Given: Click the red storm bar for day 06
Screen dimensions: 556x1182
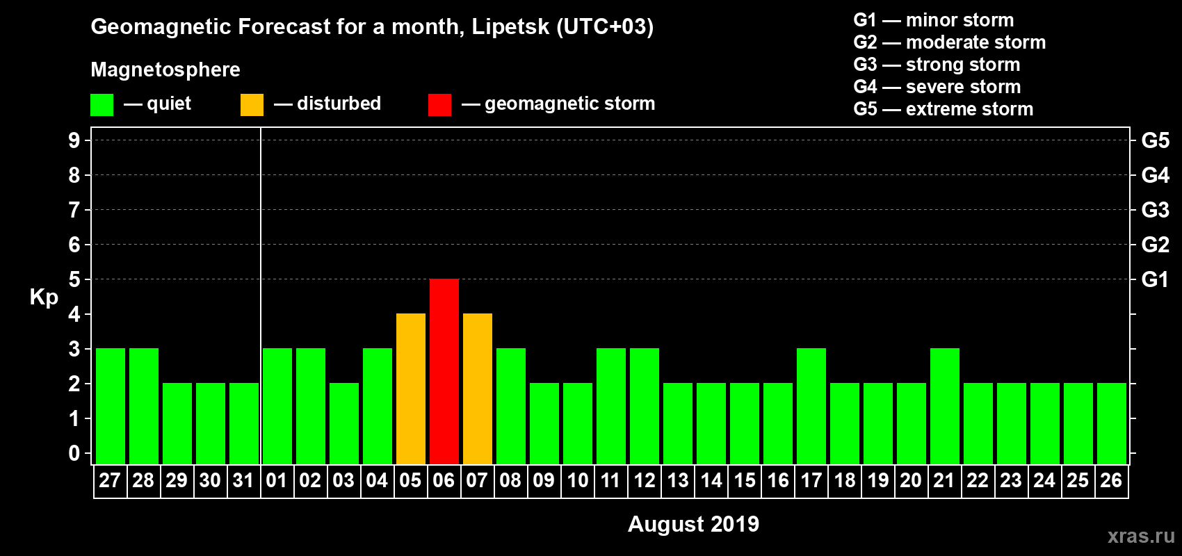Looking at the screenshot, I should pyautogui.click(x=444, y=371).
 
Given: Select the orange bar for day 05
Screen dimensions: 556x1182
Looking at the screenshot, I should pyautogui.click(x=411, y=389).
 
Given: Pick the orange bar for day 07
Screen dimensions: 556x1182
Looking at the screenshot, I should pyautogui.click(x=478, y=389).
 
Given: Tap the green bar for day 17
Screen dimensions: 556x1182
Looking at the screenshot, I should pyautogui.click(x=811, y=406).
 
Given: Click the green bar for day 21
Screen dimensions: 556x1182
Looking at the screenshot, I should pyautogui.click(x=945, y=406).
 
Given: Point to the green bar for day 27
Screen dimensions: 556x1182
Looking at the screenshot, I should pyautogui.click(x=111, y=406).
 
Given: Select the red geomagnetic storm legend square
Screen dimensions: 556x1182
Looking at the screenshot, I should pyautogui.click(x=439, y=105).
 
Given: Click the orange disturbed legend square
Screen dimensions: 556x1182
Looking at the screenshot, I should pyautogui.click(x=252, y=105).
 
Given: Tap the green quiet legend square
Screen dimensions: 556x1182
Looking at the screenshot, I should pyautogui.click(x=102, y=105).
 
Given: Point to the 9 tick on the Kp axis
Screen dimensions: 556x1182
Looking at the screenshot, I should pyautogui.click(x=74, y=140).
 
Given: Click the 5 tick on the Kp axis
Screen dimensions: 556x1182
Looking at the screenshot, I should pyautogui.click(x=74, y=279).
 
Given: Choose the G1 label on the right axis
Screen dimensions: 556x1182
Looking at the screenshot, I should pyautogui.click(x=1155, y=279).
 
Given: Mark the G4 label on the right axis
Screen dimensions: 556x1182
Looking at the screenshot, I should pyautogui.click(x=1155, y=175).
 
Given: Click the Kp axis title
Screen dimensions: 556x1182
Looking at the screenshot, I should pyautogui.click(x=44, y=297).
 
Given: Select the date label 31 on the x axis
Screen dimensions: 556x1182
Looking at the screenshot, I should pyautogui.click(x=243, y=480).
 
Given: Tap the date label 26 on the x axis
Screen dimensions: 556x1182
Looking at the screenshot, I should pyautogui.click(x=1111, y=480).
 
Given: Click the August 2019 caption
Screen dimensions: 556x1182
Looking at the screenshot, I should pyautogui.click(x=693, y=524).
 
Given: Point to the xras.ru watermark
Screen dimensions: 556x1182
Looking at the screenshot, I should pyautogui.click(x=1141, y=536).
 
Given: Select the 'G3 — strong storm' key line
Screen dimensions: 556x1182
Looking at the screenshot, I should pyautogui.click(x=937, y=65).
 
